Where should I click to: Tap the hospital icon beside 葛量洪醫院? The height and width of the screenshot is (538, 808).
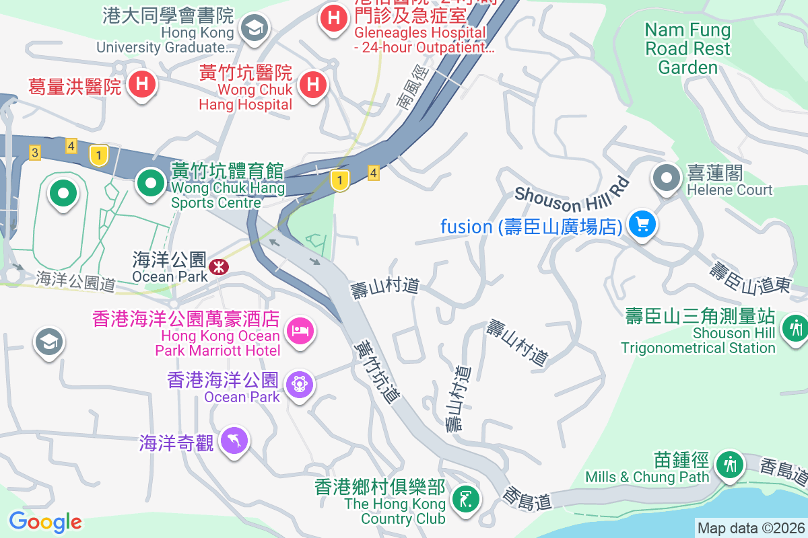pyautogui.click(x=143, y=85)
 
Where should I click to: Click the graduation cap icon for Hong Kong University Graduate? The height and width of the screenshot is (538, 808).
pyautogui.click(x=255, y=28)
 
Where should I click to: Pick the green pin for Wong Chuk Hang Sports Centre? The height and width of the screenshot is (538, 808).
pyautogui.click(x=151, y=182)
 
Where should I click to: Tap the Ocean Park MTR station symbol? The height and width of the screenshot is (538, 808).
pyautogui.click(x=218, y=267)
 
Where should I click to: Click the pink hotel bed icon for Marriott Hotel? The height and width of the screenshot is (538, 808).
pyautogui.click(x=300, y=330)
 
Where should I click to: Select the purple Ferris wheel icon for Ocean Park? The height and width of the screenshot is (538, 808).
pyautogui.click(x=298, y=384)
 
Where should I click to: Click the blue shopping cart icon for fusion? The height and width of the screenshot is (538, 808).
pyautogui.click(x=642, y=224)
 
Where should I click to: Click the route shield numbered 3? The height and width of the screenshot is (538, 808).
pyautogui.click(x=34, y=153)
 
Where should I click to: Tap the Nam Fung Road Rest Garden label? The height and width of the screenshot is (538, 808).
pyautogui.click(x=687, y=48)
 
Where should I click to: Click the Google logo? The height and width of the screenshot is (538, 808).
pyautogui.click(x=45, y=521)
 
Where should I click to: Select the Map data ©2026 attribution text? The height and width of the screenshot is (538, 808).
pyautogui.click(x=751, y=528)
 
